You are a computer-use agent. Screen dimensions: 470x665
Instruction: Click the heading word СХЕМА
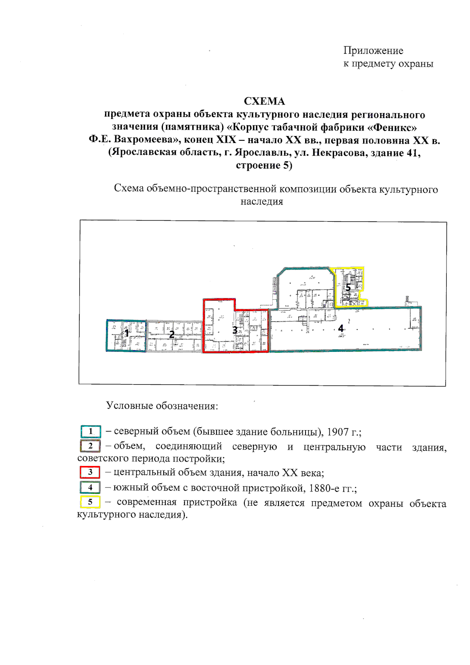(x=264, y=101)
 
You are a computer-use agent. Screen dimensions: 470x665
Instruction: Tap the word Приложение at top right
(x=373, y=51)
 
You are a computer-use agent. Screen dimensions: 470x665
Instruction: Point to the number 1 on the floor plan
(x=127, y=333)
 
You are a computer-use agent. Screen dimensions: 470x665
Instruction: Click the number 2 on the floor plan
(x=172, y=335)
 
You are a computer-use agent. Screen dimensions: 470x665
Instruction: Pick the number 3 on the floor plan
(x=235, y=330)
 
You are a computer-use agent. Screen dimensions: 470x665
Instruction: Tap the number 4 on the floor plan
(x=341, y=328)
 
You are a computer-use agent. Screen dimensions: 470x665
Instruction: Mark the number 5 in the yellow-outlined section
(x=348, y=288)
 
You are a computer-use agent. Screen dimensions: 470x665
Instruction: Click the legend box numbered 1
(x=90, y=431)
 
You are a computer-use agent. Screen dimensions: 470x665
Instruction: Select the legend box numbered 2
(x=90, y=446)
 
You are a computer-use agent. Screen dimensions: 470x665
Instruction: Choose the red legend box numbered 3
(x=90, y=472)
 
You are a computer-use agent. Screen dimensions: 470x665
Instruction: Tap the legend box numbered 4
(x=90, y=487)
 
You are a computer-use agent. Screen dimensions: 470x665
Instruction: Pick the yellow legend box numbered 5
(x=90, y=502)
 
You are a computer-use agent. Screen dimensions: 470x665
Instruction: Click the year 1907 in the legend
(x=338, y=432)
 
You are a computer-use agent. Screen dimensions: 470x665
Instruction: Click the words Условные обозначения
(x=162, y=406)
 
